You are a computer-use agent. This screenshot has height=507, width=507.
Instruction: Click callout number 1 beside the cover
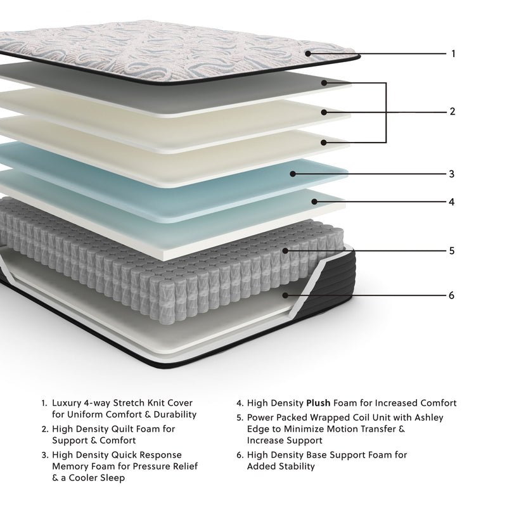(453, 54)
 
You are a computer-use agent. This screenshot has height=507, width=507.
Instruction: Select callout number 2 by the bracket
(452, 112)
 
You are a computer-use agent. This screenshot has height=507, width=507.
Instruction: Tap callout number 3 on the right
(452, 174)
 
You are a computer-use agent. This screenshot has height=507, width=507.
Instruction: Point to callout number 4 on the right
(452, 203)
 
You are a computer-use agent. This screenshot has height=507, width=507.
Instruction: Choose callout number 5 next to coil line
(452, 251)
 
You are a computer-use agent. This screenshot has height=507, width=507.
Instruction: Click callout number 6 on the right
(452, 295)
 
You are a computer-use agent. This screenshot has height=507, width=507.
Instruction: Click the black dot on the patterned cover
(308, 53)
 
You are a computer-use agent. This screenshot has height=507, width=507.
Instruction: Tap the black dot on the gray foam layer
(324, 82)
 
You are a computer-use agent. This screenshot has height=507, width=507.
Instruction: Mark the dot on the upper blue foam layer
(293, 173)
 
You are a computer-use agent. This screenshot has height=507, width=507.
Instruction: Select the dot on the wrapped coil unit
(286, 251)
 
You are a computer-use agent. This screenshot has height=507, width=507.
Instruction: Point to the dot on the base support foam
(286, 295)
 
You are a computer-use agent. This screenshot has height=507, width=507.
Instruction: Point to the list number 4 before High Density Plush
(240, 402)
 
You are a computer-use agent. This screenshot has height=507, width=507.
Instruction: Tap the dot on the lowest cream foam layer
(324, 143)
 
